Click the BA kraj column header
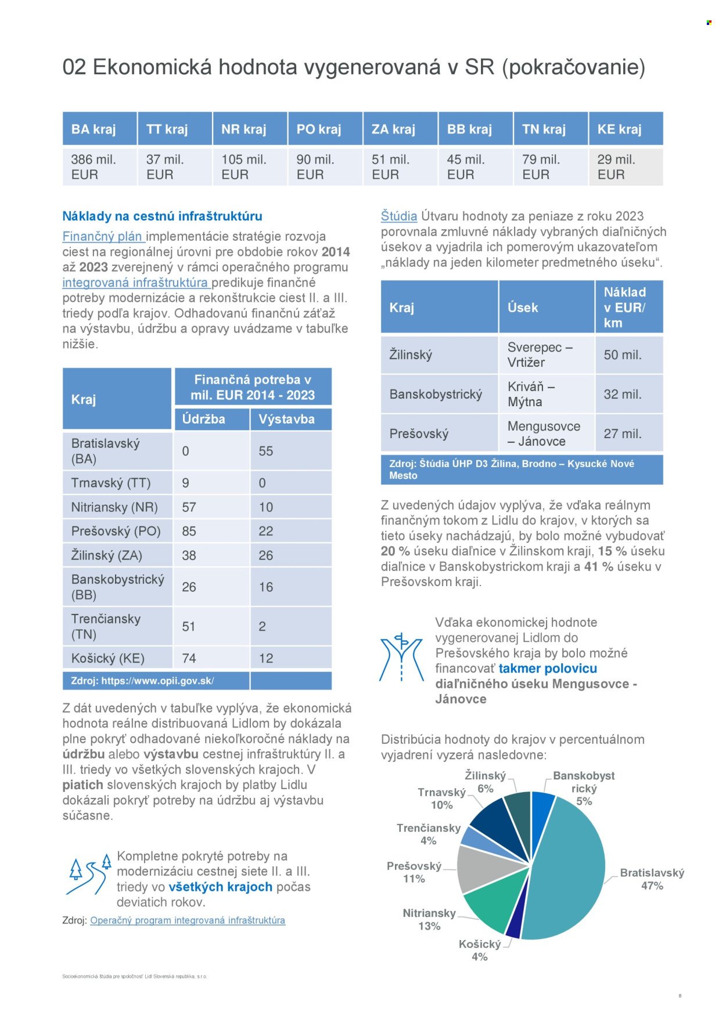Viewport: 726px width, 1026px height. click(x=99, y=129)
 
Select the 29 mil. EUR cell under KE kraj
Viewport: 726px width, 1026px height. click(x=626, y=167)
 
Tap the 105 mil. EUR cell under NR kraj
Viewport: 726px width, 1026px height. click(x=250, y=167)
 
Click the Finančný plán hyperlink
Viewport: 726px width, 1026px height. click(x=103, y=236)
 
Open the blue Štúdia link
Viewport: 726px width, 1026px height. click(x=399, y=216)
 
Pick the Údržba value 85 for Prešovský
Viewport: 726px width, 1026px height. click(x=189, y=531)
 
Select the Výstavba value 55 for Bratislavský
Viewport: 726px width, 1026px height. click(x=266, y=451)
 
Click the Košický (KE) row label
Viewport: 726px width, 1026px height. click(x=108, y=658)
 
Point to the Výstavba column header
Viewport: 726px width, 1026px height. click(x=287, y=419)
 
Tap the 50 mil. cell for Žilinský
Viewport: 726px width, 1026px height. click(x=623, y=355)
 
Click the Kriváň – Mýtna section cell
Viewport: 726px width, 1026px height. click(x=531, y=394)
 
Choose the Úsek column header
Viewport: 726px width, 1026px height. click(x=523, y=308)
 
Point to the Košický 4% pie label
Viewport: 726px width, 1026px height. click(x=480, y=950)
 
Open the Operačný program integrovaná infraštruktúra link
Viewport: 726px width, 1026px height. click(x=188, y=920)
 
